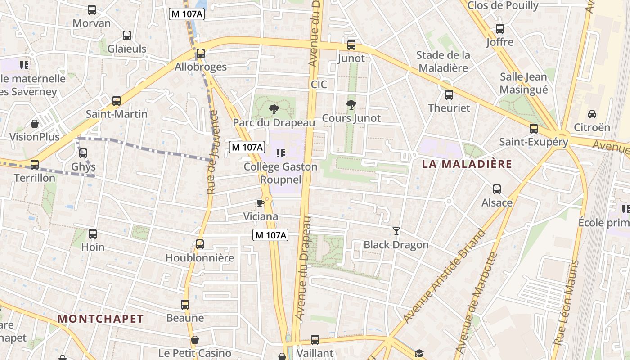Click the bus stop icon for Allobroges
pos(201,54)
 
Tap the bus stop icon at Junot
pos(351,45)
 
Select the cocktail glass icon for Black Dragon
pos(396,231)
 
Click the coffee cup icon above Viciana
pos(260,203)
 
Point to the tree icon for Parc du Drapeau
pos(273,109)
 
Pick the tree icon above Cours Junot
pos(351,105)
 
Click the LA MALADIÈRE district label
pos(467,164)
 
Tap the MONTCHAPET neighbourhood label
pos(101,319)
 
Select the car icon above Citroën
pos(592,114)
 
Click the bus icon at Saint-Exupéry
pos(534,129)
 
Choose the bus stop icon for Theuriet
pos(449,95)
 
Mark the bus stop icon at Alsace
pos(497,189)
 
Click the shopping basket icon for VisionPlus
pos(35,124)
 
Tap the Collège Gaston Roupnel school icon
pos(280,153)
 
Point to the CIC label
pos(319,85)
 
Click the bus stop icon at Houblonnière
pos(200,244)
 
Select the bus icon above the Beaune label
pos(185,305)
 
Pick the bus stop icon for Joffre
pos(499,29)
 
